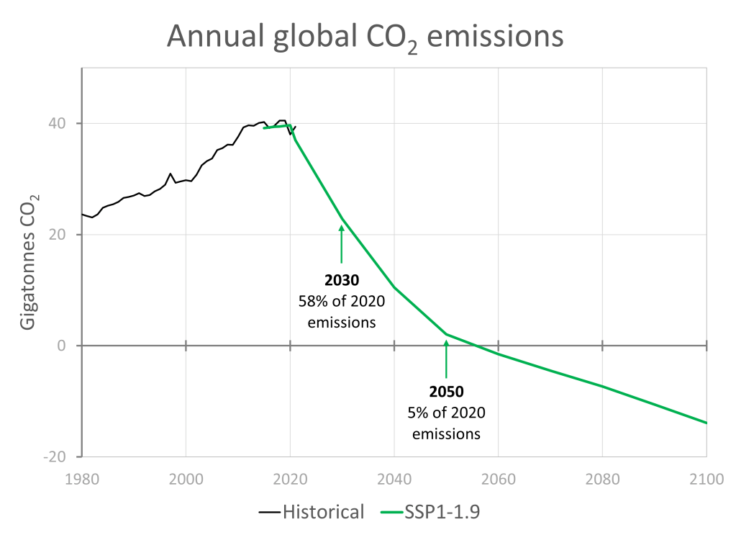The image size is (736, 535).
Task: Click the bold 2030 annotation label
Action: point(342,280)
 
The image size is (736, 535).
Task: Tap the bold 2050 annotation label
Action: point(446,392)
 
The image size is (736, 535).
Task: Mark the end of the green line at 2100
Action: point(707,423)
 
